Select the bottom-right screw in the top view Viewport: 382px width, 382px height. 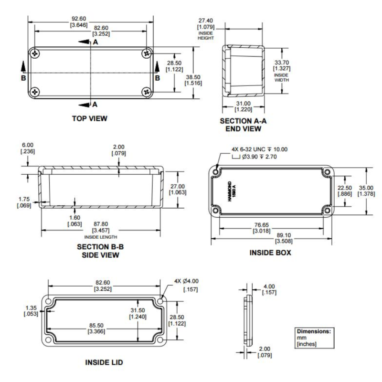click(146, 91)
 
